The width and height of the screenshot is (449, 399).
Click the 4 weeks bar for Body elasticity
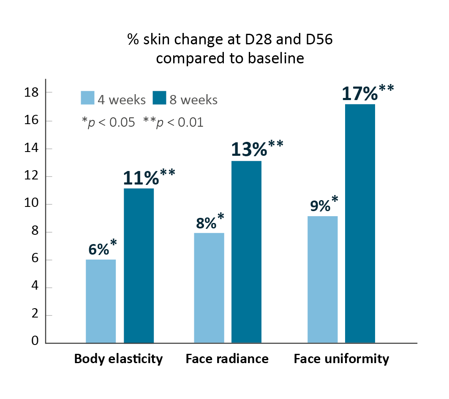pyautogui.click(x=101, y=301)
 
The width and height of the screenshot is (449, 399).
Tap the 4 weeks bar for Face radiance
pyautogui.click(x=209, y=288)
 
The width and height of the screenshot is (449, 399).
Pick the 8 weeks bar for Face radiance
pyautogui.click(x=246, y=252)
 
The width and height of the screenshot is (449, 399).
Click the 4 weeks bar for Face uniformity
pyautogui.click(x=322, y=279)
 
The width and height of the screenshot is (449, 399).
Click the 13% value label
pyautogui.click(x=249, y=149)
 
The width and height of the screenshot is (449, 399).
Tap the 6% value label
pyautogui.click(x=99, y=249)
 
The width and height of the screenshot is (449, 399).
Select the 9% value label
pyautogui.click(x=321, y=206)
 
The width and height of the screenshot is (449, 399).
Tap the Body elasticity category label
pyautogui.click(x=118, y=359)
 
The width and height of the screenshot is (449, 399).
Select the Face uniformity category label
pyautogui.click(x=341, y=359)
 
